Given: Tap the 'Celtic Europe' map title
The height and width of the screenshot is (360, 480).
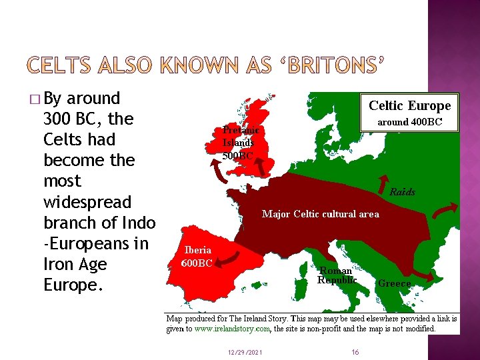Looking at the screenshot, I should point(410,105).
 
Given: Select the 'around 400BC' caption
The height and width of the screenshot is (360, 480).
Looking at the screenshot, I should point(409,122).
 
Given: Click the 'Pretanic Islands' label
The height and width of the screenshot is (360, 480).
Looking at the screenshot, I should point(239,137).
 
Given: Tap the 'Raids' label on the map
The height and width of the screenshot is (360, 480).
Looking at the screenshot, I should point(402,192).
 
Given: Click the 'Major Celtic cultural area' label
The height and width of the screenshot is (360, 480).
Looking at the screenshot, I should point(320,214).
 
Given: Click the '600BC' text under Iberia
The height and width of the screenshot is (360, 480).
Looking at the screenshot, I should point(197,263).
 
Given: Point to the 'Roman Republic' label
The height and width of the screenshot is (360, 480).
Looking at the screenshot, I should point(337,275).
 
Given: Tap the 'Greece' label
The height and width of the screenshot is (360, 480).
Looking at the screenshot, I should point(394,283).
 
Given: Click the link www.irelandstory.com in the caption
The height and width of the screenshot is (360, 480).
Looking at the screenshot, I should point(231,328).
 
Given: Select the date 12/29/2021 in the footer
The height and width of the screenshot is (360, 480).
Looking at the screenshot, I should point(244,351).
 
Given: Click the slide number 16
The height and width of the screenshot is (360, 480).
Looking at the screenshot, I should point(355,351).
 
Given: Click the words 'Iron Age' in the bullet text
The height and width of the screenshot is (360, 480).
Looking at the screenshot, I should point(75,265).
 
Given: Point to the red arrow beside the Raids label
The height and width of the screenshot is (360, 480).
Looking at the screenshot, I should point(385,183).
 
